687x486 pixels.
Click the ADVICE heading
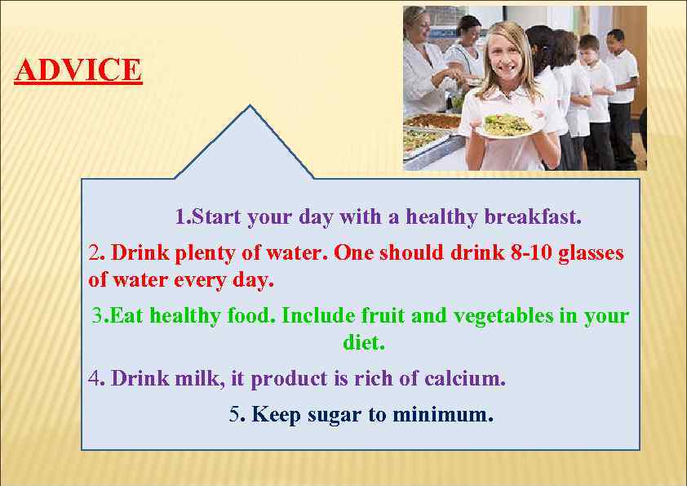78,70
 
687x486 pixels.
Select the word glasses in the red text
592,252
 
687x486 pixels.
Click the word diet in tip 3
362,343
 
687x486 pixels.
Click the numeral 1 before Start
180,217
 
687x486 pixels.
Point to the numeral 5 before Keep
234,414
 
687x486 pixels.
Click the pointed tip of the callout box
250,108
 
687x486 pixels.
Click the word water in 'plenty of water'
297,252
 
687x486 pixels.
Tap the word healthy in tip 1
441,217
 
